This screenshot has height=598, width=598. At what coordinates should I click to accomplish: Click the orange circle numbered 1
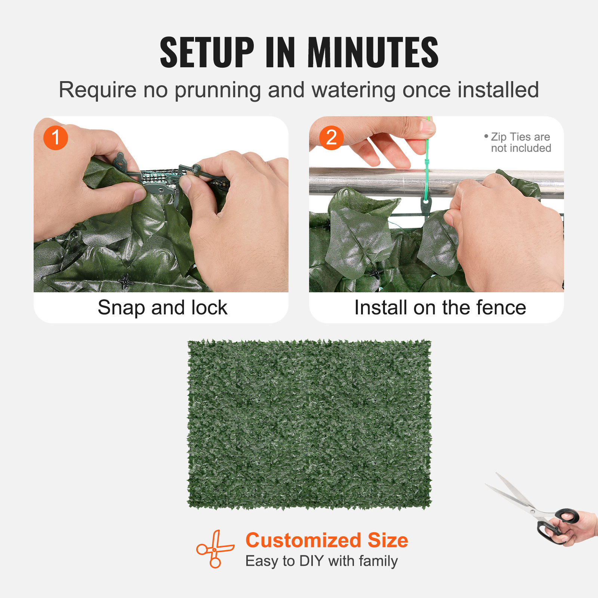coord(56,138)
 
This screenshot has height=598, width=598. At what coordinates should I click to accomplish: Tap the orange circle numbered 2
coord(331,138)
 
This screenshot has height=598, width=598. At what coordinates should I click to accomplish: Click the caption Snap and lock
coord(162,308)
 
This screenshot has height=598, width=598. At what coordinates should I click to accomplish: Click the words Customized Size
coord(327,540)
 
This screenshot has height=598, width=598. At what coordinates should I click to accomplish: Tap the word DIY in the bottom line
coord(311,561)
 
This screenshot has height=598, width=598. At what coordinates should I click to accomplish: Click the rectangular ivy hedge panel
coord(309,424)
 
